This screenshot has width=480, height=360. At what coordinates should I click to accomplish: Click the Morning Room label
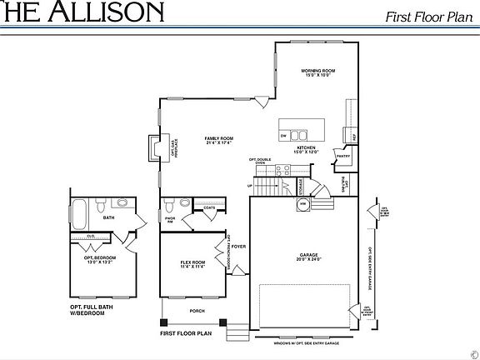pos(317,72)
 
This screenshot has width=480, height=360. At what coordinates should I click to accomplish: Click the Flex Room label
pos(192,264)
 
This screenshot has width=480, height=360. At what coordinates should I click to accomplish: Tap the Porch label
pos(197,311)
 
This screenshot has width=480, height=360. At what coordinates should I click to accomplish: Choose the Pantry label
pos(342,155)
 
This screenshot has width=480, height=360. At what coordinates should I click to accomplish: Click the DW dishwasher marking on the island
pos(284,135)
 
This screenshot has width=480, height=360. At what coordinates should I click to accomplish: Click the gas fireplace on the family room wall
pos(155,147)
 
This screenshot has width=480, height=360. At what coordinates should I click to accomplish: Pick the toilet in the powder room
pos(170,204)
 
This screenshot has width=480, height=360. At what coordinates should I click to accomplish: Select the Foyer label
pos(238,247)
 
